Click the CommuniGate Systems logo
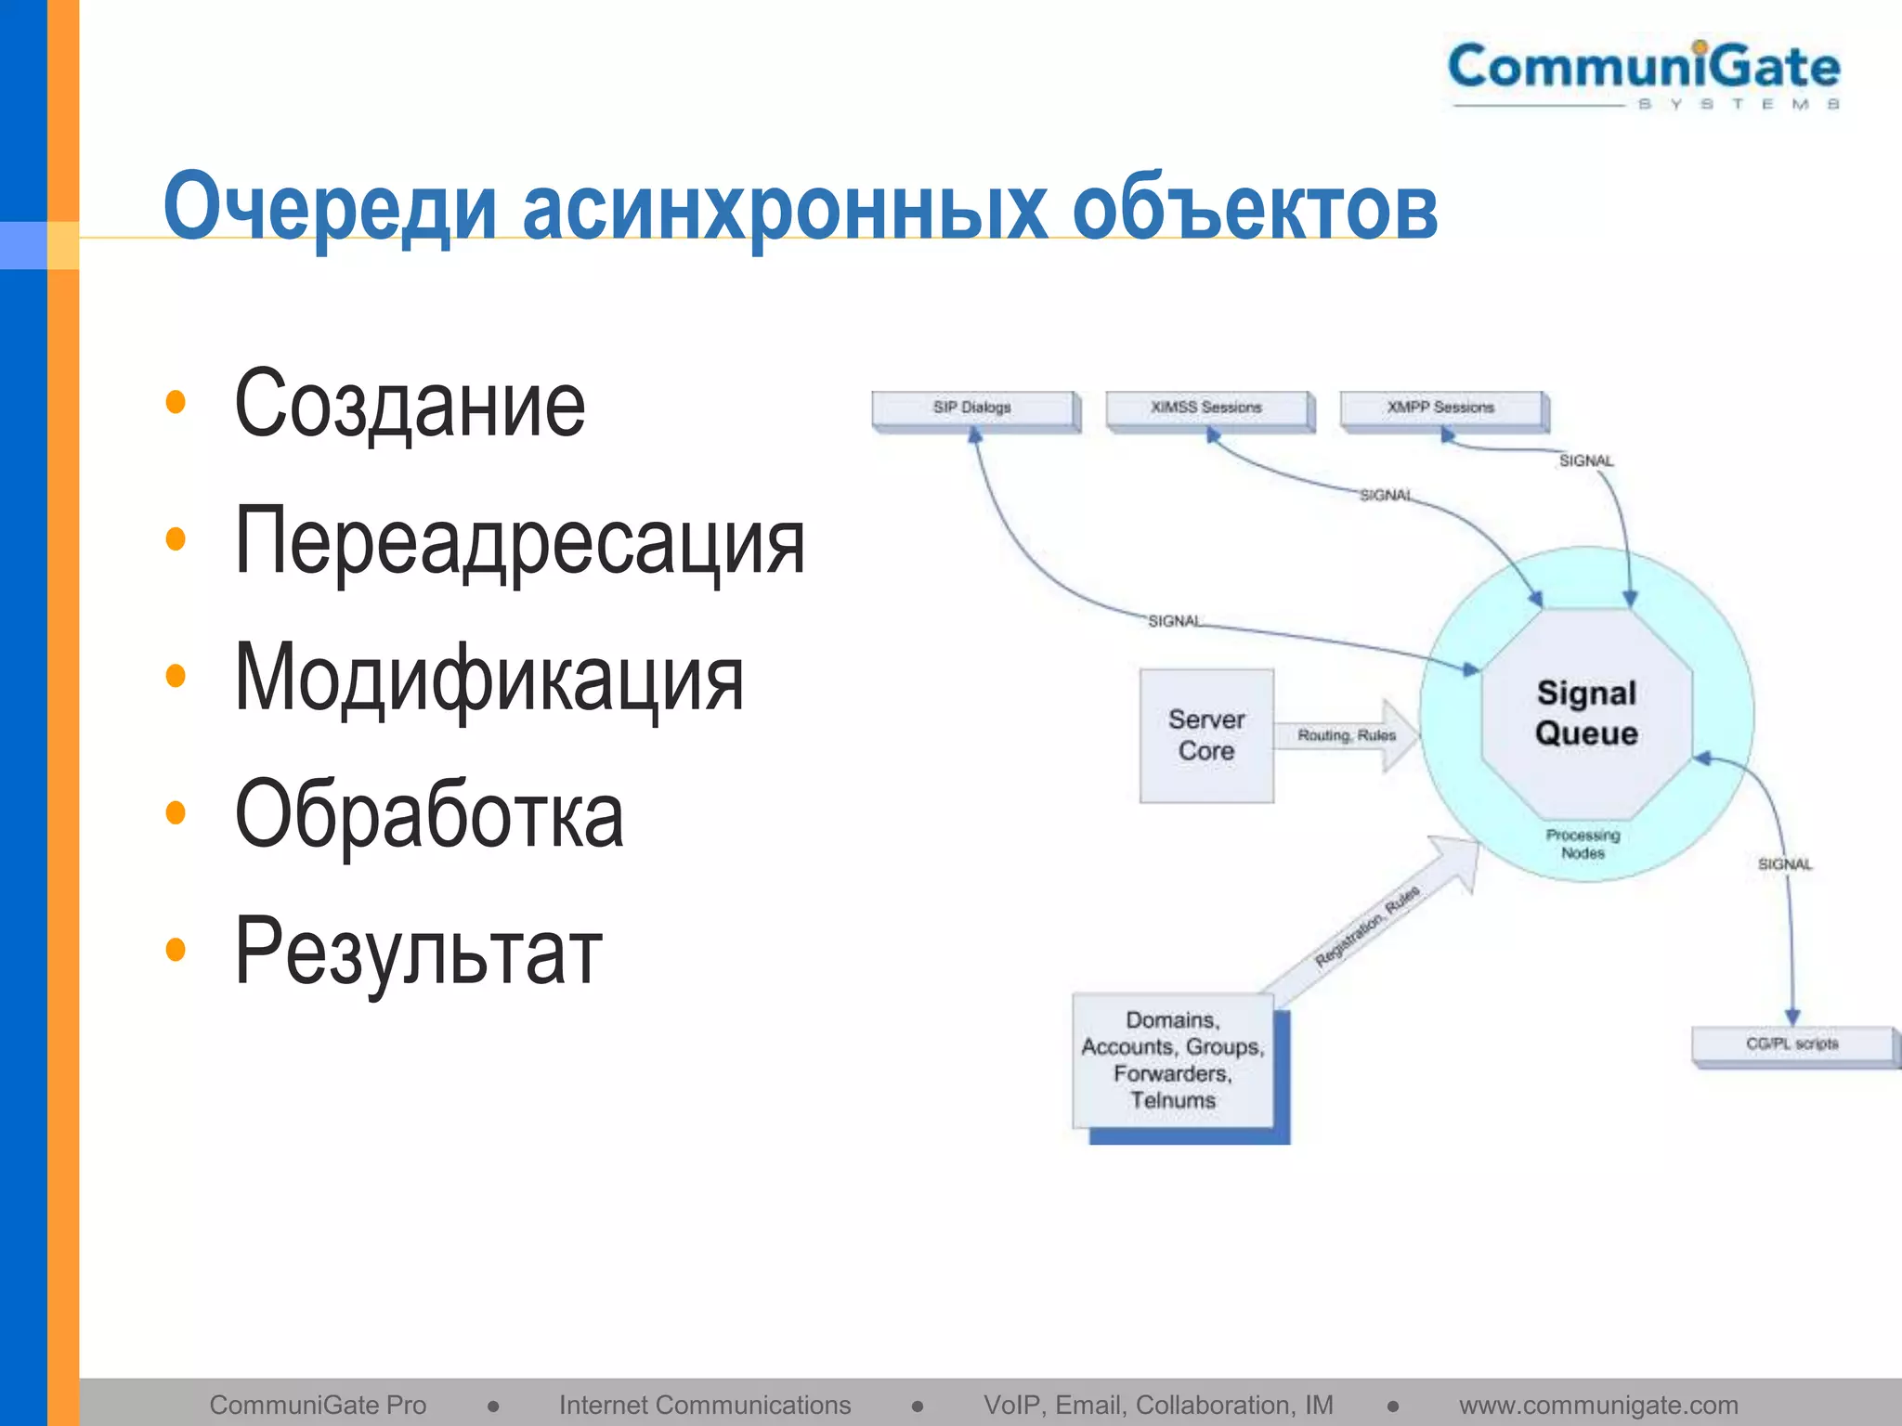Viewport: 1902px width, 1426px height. point(1644,74)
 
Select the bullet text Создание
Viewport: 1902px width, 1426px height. point(410,404)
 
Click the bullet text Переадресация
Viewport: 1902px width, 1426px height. point(519,541)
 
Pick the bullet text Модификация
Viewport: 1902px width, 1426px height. point(489,679)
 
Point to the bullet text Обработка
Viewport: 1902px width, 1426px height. point(429,815)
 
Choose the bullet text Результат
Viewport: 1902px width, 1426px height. point(418,953)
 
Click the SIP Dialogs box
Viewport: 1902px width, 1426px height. point(972,408)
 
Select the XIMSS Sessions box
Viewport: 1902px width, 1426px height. point(1206,408)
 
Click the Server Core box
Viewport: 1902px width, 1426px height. point(1205,735)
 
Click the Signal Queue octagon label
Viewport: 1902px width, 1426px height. point(1586,713)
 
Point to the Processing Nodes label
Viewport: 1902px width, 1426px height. point(1583,844)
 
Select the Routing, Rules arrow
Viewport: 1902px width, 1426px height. point(1347,735)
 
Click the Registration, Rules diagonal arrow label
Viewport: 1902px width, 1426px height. point(1367,926)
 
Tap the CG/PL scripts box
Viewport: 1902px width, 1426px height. point(1791,1044)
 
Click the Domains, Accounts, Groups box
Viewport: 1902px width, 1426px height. point(1172,1060)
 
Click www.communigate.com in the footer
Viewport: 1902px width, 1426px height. point(1597,1405)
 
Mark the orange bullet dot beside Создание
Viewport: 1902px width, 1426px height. point(176,403)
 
